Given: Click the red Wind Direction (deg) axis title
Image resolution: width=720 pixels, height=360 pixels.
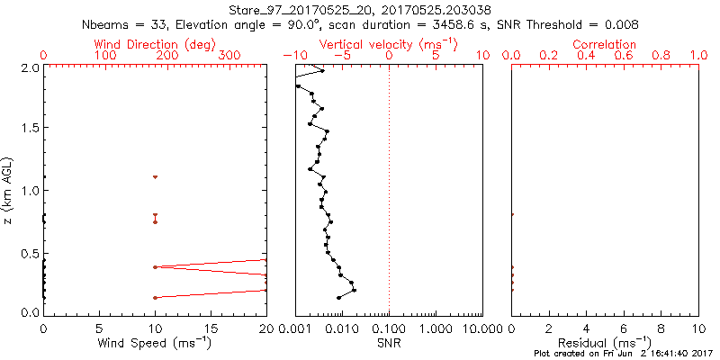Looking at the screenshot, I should point(155,44).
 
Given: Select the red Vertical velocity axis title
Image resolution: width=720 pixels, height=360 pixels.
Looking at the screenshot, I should point(388,44).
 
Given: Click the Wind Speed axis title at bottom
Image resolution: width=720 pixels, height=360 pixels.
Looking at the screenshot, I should point(155,343).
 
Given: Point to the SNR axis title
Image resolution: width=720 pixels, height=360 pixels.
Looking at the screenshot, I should point(389,343).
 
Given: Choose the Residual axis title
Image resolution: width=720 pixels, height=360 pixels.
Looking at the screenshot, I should point(604,343).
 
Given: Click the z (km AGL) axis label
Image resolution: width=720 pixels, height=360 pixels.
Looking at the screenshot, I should point(9,191).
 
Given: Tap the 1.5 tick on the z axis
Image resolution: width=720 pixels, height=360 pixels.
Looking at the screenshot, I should point(27,129).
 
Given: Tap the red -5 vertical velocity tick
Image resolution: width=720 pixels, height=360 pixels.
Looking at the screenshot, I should point(341,56).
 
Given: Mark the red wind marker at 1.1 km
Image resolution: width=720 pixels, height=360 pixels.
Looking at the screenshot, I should point(155,177).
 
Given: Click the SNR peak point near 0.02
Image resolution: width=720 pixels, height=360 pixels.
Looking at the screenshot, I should point(355,290).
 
